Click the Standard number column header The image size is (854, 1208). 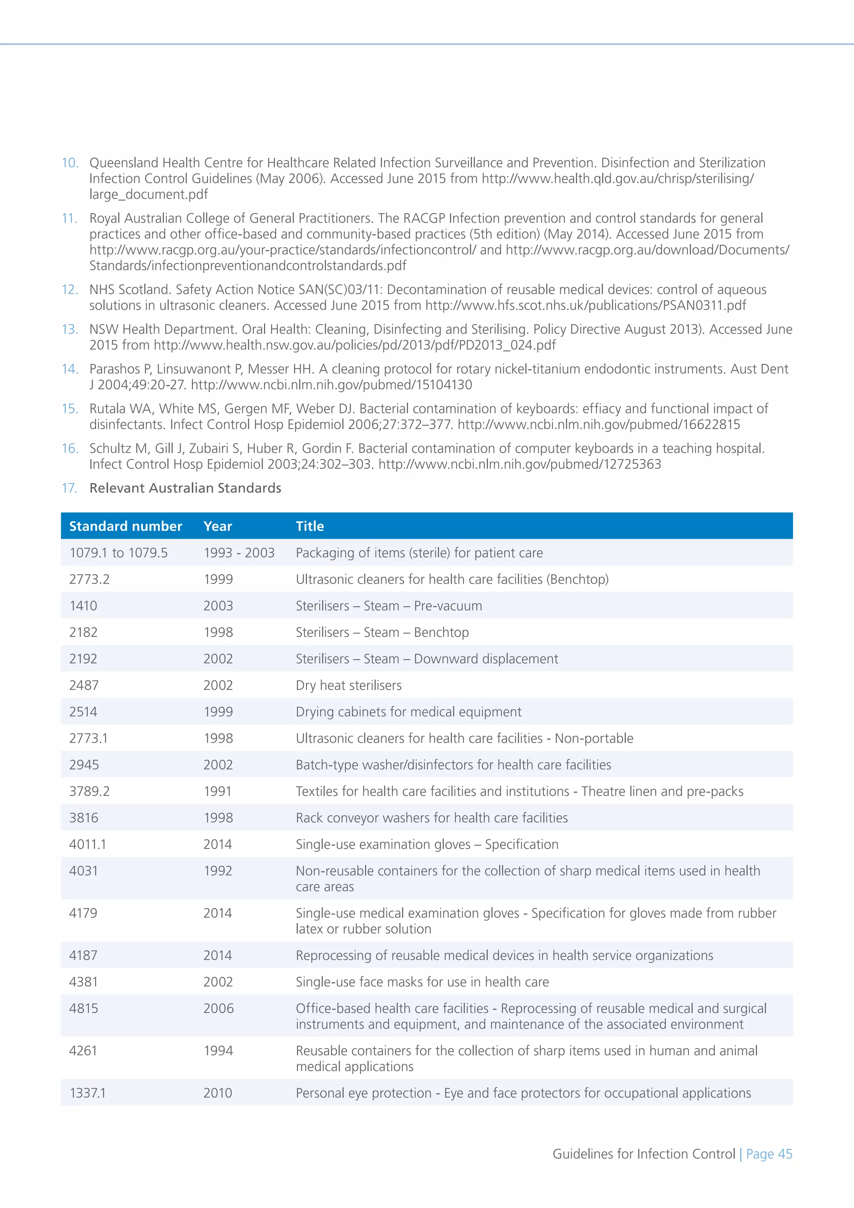click(125, 526)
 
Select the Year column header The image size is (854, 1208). click(218, 526)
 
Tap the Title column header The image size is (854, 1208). click(310, 526)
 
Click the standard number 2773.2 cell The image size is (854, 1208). click(89, 579)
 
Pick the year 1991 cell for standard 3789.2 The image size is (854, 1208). click(218, 791)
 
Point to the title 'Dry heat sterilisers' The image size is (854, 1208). click(349, 685)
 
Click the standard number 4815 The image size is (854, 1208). click(84, 1008)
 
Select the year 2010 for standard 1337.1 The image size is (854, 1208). click(218, 1093)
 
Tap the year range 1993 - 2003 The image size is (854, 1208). click(239, 552)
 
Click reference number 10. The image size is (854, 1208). click(70, 163)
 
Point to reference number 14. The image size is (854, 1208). click(70, 369)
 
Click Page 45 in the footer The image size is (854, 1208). click(769, 1154)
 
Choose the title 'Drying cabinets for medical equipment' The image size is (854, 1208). click(409, 712)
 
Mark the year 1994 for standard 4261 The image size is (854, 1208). click(218, 1051)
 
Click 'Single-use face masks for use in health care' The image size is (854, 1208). click(422, 982)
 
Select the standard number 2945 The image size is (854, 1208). click(84, 765)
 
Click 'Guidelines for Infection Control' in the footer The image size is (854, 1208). click(644, 1154)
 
